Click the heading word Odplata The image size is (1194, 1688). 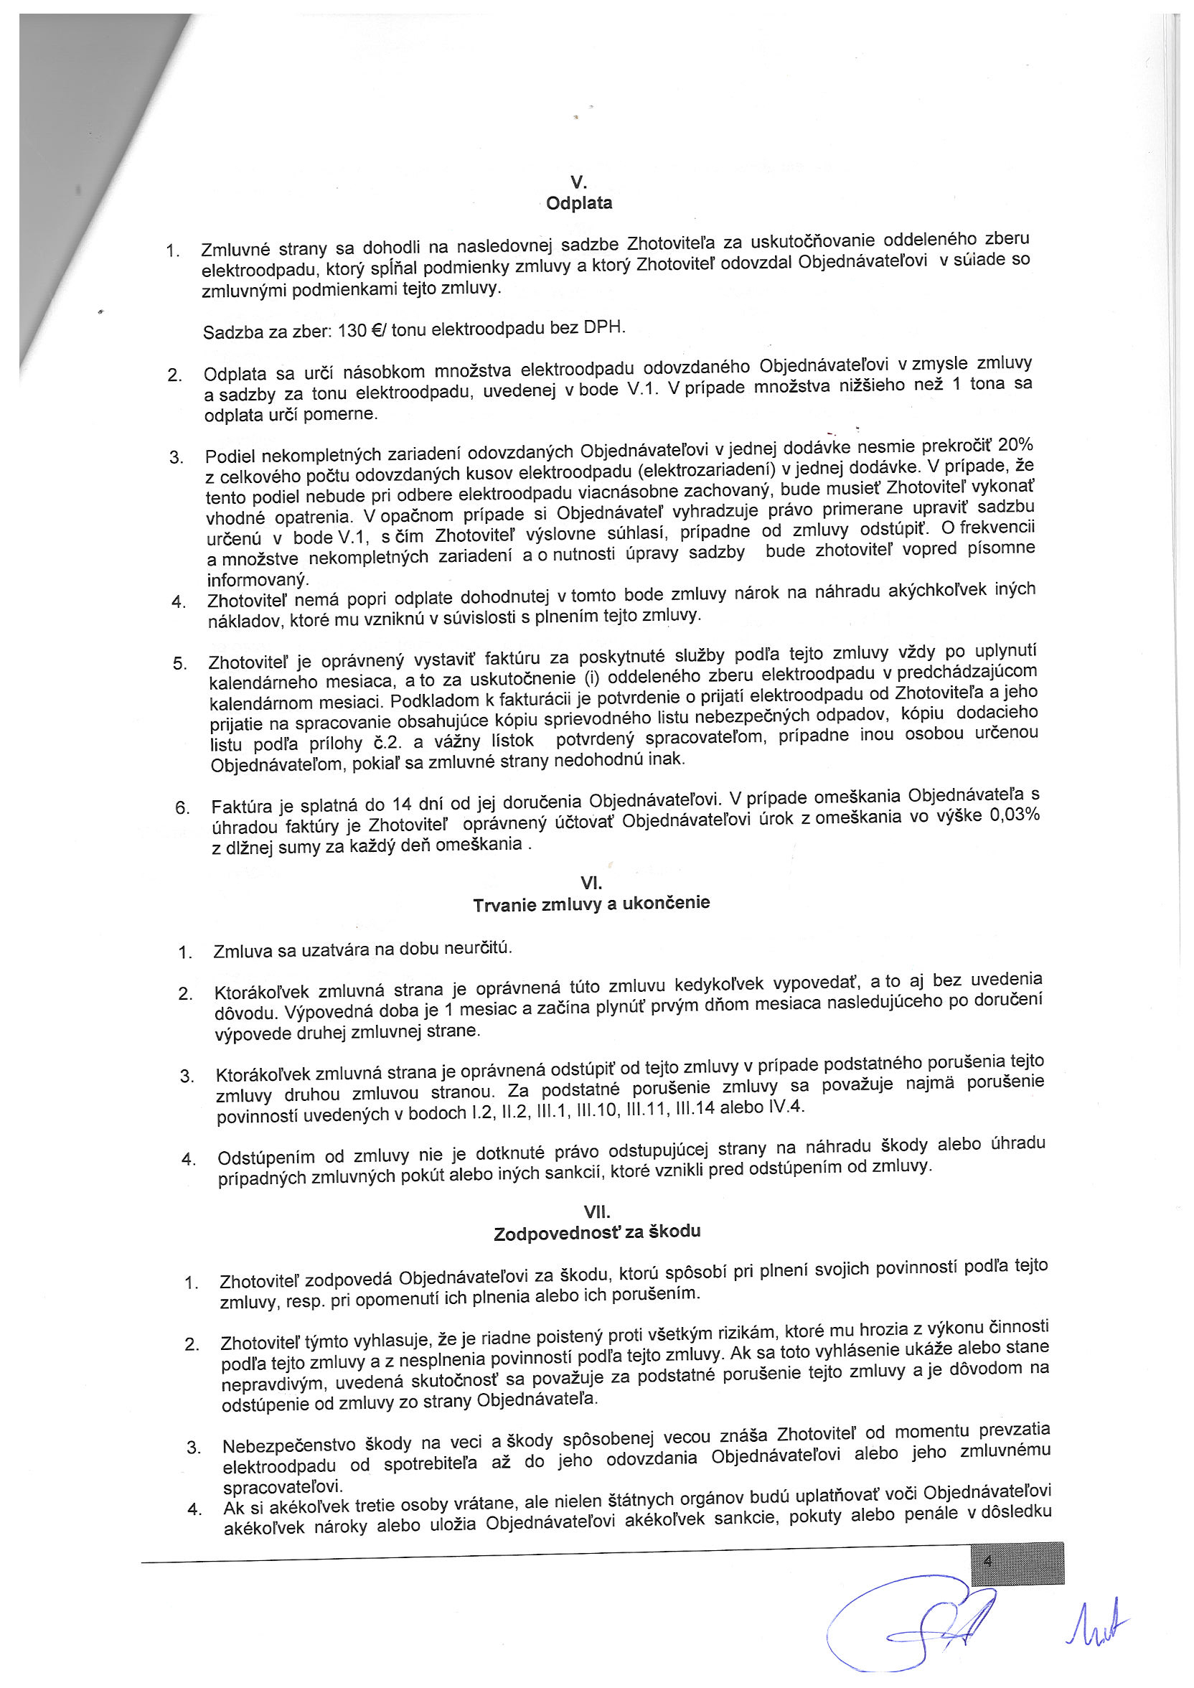coord(578,204)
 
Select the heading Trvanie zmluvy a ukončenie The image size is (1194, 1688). coord(591,904)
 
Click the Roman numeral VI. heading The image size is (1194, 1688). coord(591,883)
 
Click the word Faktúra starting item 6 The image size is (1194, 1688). coord(238,806)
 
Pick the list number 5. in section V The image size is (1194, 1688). coord(180,664)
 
